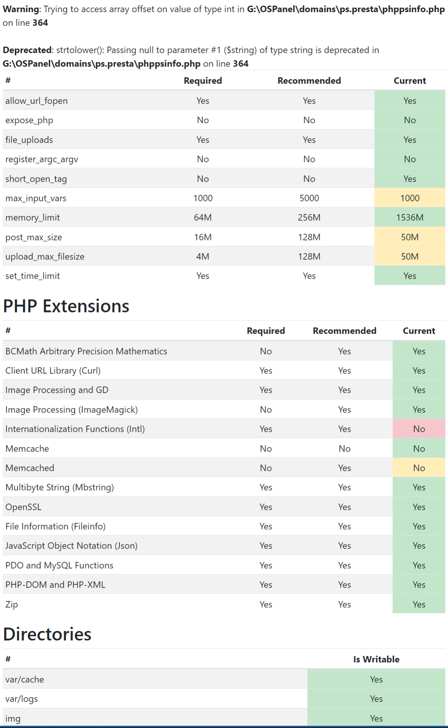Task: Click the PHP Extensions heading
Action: tap(66, 306)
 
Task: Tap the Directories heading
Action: tap(47, 634)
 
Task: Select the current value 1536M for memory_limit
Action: tap(410, 218)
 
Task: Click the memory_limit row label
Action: tap(33, 218)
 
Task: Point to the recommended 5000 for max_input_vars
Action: tap(309, 198)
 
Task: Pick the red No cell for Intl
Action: tap(419, 429)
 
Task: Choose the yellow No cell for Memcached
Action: tap(419, 468)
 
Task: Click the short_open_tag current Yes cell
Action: tap(410, 179)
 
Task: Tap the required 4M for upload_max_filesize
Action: tap(203, 257)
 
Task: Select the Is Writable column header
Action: tap(376, 659)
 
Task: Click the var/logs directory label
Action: tap(22, 699)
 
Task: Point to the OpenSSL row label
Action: tap(23, 507)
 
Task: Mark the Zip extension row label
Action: tap(11, 604)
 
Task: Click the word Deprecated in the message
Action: tap(27, 50)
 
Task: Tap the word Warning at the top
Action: tap(21, 9)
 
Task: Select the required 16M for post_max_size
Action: tap(203, 237)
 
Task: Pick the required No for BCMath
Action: tap(266, 351)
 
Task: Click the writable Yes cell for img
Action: tap(376, 719)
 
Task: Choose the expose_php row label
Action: tap(29, 120)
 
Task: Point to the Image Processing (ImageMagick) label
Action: tap(71, 410)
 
